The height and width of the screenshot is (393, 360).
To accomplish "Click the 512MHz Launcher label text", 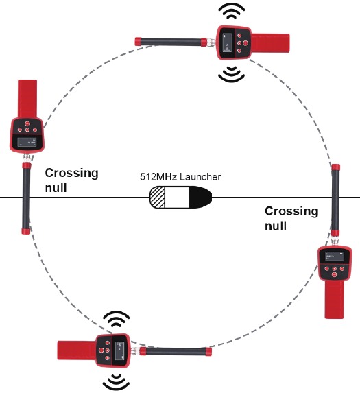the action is point(180,177).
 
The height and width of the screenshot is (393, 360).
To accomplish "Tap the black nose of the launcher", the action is point(200,198).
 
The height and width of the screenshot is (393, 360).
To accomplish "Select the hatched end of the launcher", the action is point(157,198).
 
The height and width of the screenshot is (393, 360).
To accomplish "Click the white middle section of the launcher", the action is point(177,198).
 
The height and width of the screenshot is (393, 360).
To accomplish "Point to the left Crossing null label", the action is point(71,180).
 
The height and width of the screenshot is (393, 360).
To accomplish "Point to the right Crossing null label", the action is point(291,218).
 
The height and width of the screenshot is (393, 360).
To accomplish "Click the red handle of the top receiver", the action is point(271,43).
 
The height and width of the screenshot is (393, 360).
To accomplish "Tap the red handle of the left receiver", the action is point(27,99).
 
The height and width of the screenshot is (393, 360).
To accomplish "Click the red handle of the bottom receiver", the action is point(77,350).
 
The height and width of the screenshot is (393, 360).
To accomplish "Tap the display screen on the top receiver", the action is point(226,43).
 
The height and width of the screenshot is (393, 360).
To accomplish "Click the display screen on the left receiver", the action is point(27,142).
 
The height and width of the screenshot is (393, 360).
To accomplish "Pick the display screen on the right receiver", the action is point(335,256).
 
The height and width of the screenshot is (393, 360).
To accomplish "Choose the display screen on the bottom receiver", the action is point(120,350).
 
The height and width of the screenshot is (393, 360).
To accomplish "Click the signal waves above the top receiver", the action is point(232,11).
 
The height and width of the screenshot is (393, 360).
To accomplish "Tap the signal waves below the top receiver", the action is point(232,73).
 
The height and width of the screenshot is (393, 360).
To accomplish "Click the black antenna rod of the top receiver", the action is point(171,42).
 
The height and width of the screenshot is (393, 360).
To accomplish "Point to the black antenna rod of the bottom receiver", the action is point(176,351).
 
